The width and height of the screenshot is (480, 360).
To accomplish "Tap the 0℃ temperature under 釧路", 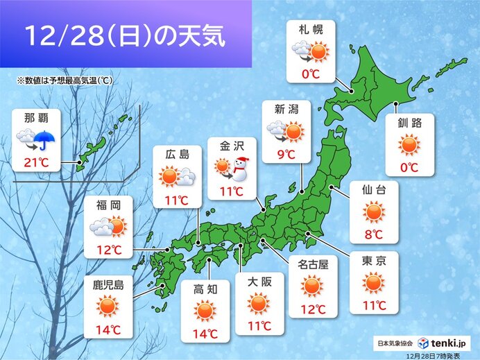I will [x=409, y=167].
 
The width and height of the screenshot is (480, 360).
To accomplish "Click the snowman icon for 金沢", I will [x=241, y=167].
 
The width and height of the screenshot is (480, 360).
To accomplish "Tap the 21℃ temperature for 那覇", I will [x=37, y=164].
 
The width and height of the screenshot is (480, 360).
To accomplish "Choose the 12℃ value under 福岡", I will [x=107, y=248].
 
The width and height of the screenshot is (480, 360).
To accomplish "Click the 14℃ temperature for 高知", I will [x=205, y=334].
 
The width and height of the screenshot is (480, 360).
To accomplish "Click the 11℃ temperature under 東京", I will [x=373, y=305].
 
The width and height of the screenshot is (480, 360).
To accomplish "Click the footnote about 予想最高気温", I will [x=66, y=80].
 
